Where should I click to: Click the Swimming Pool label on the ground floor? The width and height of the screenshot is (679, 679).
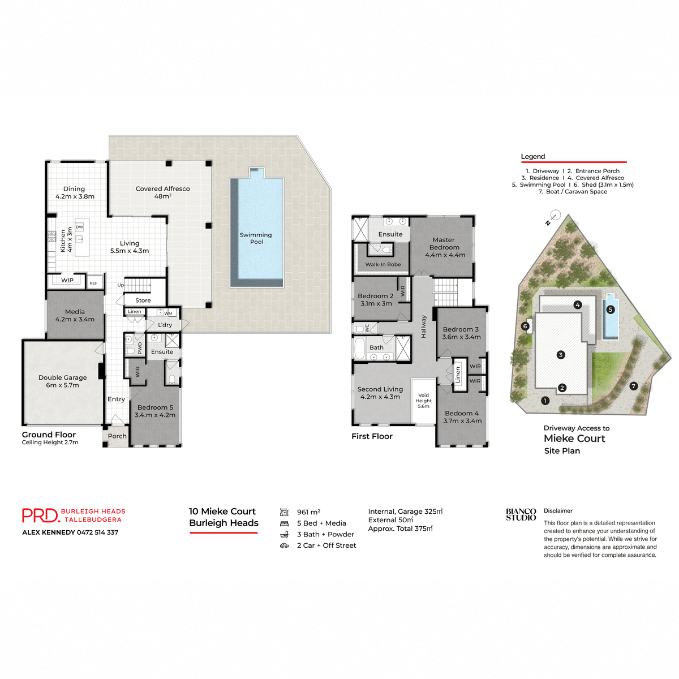coord(256,238)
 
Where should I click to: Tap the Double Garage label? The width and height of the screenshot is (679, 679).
coord(63,381)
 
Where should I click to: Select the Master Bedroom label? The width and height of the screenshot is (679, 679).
coord(445,247)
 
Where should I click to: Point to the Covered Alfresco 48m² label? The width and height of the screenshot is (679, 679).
coord(163,192)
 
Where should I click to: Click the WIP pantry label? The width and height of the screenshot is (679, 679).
coord(67,280)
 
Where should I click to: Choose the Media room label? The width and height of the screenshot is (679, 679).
coord(75,315)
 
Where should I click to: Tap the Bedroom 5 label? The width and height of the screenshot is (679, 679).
coord(155,411)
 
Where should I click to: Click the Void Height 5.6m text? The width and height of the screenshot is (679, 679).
coord(424,401)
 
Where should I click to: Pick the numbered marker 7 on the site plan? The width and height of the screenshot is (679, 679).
coord(634,386)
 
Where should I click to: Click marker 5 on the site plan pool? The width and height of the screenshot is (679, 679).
coord(610,310)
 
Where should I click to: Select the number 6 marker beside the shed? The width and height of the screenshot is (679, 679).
coord(525,326)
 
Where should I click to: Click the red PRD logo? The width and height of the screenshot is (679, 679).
coord(40,515)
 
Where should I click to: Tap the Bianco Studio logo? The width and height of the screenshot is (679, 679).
coord(521,514)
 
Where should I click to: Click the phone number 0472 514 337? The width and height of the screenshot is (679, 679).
coord(98,532)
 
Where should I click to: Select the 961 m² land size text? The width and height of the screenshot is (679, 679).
coord(308,512)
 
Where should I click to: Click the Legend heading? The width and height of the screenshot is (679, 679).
coord(533,157)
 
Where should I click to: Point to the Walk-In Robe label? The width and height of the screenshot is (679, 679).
coord(383,264)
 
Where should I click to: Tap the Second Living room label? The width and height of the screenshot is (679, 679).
coord(380,393)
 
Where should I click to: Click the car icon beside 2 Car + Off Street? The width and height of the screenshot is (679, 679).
coord(284,545)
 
